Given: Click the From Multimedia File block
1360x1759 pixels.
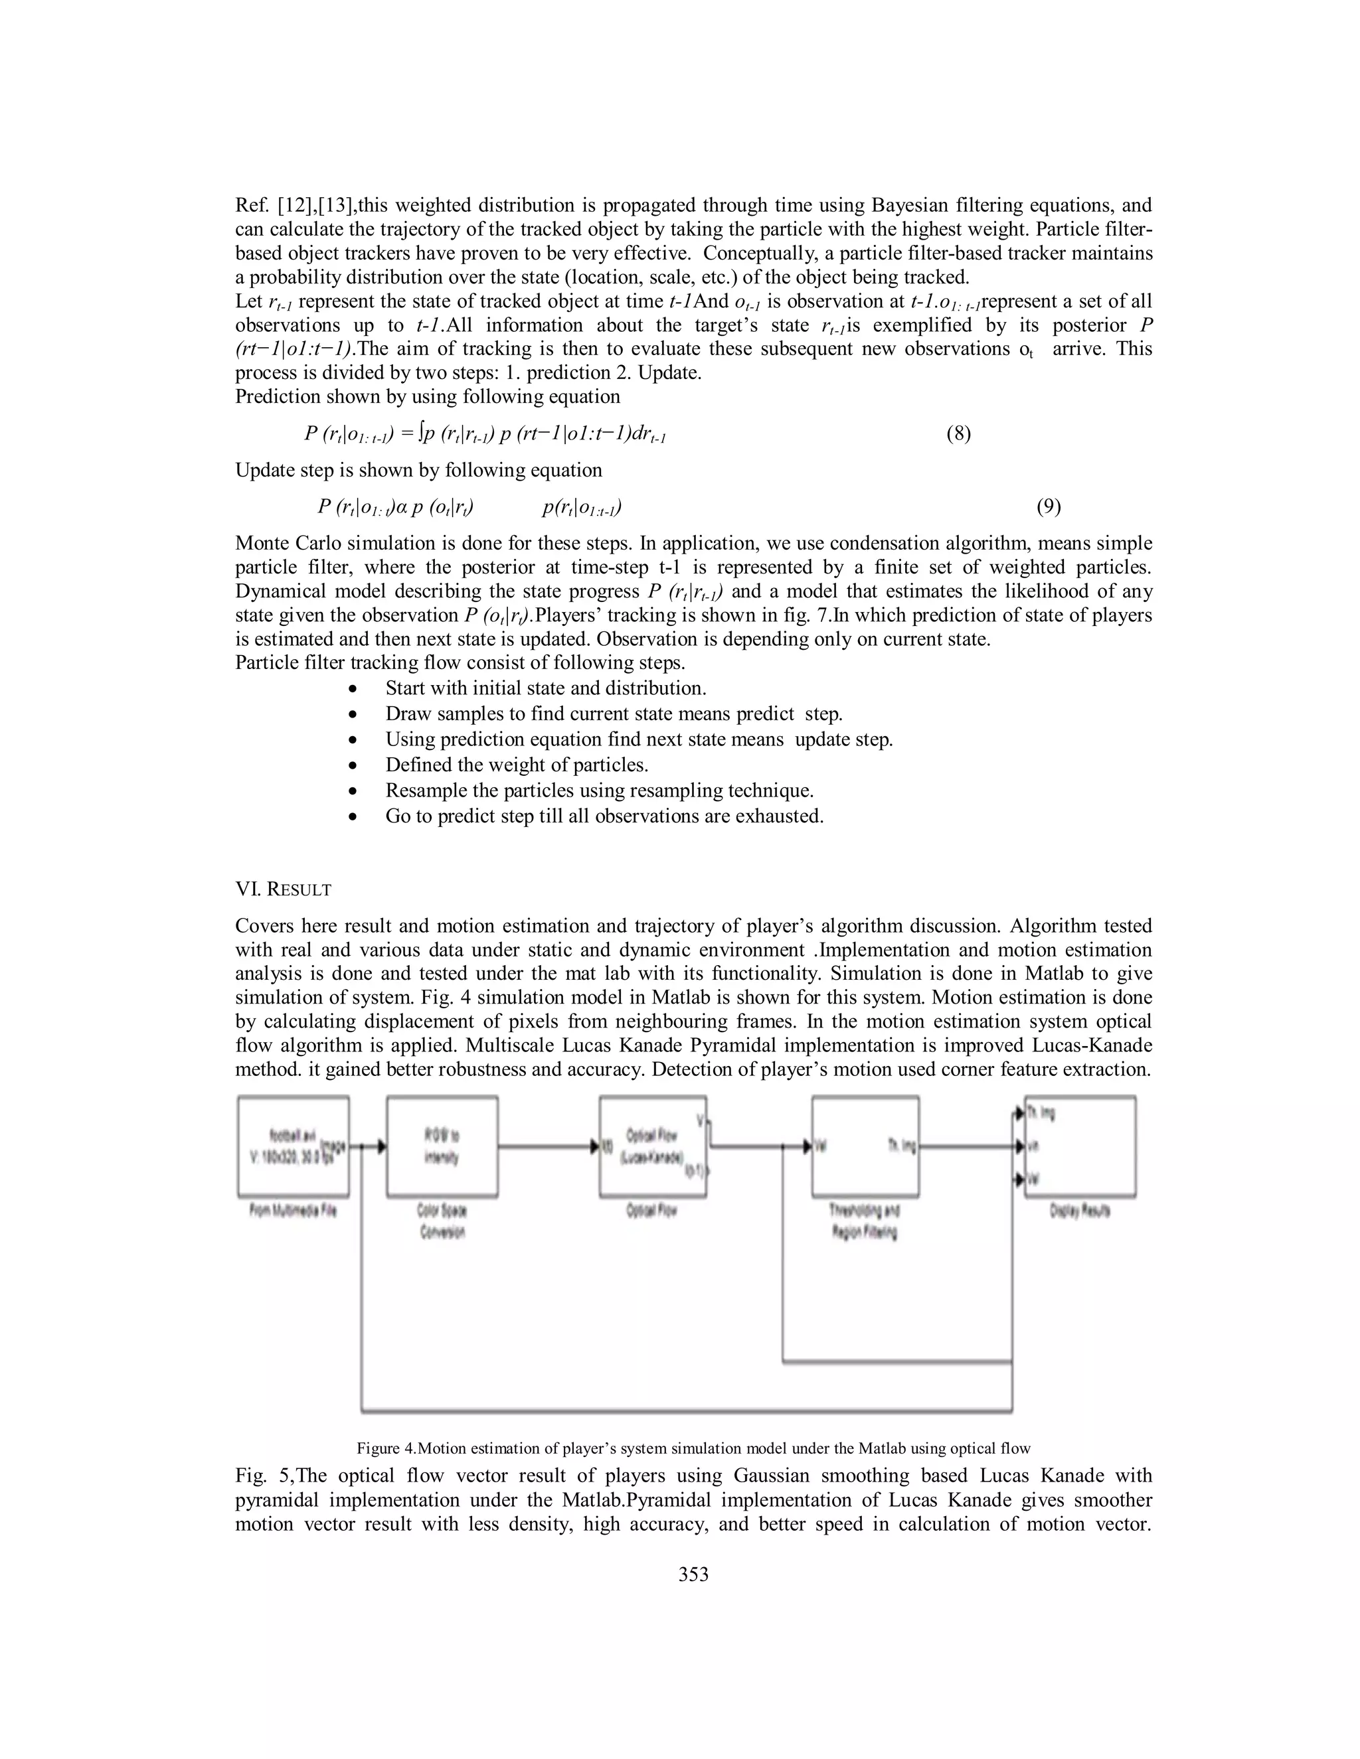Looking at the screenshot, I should click(x=294, y=1146).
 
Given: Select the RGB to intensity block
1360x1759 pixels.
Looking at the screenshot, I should click(x=442, y=1146).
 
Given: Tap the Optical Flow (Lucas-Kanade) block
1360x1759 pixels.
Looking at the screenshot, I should click(x=653, y=1146).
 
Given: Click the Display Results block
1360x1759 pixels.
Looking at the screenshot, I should click(x=1080, y=1146).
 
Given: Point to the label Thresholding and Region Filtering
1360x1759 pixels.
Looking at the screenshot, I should click(x=865, y=1221).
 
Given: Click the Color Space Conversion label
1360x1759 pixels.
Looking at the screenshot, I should click(x=442, y=1221).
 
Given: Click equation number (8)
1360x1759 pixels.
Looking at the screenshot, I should click(x=958, y=434).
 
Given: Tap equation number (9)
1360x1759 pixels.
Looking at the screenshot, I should click(x=1048, y=506).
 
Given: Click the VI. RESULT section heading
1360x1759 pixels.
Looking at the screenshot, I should click(x=283, y=889).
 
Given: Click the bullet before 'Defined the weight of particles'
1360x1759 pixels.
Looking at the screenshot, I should click(x=352, y=765).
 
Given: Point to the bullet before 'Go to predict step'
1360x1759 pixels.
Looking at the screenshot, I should click(x=352, y=816).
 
